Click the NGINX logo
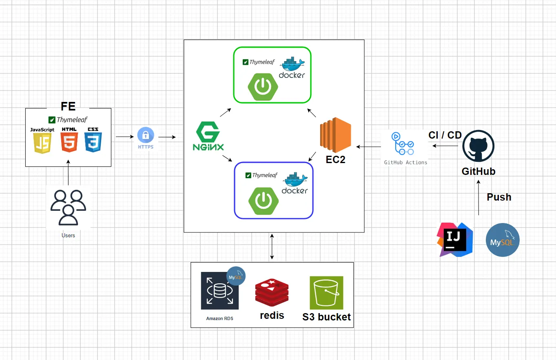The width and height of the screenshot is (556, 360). (x=208, y=136)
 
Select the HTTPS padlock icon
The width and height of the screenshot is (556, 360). (x=146, y=135)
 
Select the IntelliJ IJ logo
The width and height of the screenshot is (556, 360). (x=455, y=240)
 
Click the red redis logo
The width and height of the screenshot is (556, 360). (x=272, y=293)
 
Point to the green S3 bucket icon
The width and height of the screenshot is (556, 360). (x=326, y=293)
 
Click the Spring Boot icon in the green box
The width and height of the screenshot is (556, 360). (x=263, y=86)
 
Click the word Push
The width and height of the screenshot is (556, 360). (x=499, y=197)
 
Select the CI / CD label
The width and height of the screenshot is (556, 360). (x=445, y=135)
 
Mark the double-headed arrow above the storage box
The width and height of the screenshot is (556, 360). (x=272, y=247)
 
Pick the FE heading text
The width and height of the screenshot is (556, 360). (x=68, y=106)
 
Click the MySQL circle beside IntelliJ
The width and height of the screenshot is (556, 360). (x=503, y=240)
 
